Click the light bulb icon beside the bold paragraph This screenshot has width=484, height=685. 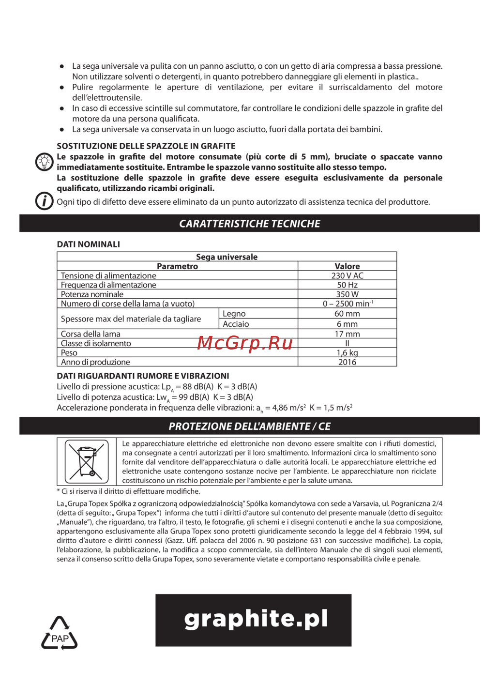tap(44, 161)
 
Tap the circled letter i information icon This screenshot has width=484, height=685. tap(44, 200)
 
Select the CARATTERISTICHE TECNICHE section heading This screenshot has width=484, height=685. tap(250, 224)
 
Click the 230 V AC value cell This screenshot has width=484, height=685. tap(347, 275)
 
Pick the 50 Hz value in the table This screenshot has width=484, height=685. tap(347, 285)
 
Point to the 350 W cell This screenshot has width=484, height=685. tap(347, 294)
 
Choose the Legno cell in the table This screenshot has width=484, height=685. tap(234, 314)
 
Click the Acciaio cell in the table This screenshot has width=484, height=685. tap(236, 324)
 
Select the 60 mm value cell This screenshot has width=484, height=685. tap(347, 314)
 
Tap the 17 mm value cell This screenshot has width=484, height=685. tap(347, 334)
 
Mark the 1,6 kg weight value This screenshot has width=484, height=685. tap(347, 353)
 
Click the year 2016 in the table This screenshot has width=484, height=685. tap(347, 362)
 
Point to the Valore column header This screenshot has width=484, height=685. tap(347, 266)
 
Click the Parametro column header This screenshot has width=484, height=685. tap(177, 266)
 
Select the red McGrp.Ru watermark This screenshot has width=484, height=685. tap(245, 343)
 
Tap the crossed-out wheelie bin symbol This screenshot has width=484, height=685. tap(87, 461)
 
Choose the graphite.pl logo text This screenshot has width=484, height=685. tap(256, 619)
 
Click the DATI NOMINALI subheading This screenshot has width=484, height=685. tap(89, 244)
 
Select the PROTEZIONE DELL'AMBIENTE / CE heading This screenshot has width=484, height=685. tap(250, 426)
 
